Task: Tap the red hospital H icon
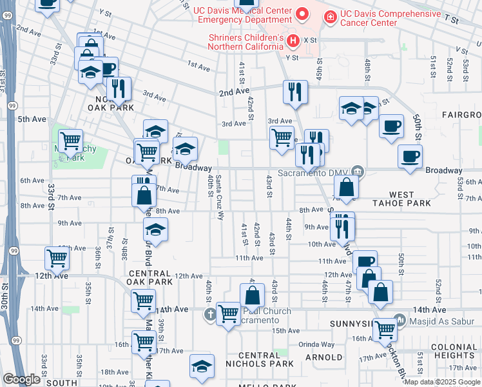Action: point(293,41)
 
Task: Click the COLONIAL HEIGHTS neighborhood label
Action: point(454,351)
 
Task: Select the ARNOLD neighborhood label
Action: point(323,357)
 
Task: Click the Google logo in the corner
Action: point(21,379)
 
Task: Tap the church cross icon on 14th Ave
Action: point(209,315)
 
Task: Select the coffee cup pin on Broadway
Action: point(410,155)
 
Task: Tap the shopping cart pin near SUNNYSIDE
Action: point(385,329)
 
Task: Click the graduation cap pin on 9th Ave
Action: point(155,228)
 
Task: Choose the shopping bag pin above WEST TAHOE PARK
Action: point(347,187)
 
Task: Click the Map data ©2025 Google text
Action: point(443,382)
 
